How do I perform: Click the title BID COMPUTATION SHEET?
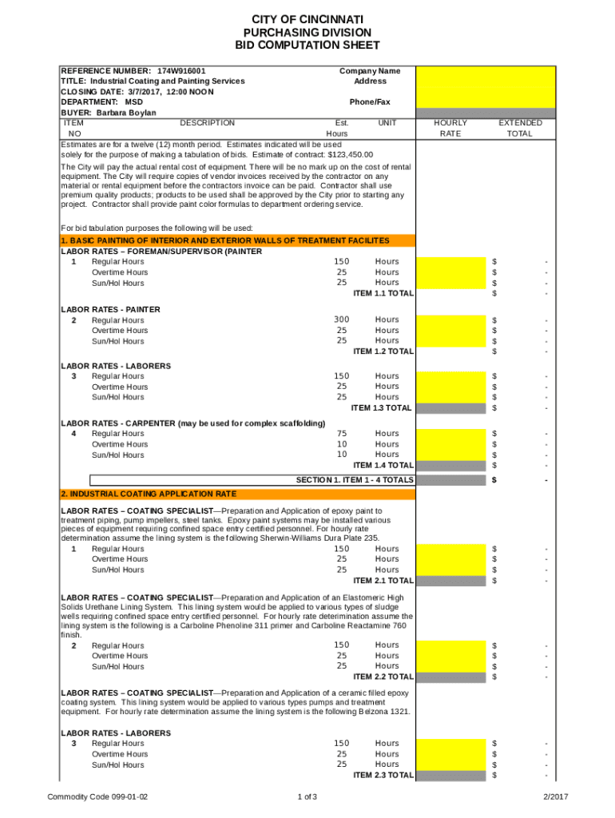[x=307, y=46]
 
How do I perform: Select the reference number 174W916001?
[x=181, y=71]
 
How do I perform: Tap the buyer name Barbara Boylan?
[x=126, y=113]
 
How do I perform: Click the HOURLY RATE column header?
[x=450, y=129]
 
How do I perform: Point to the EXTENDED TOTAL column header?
[x=520, y=129]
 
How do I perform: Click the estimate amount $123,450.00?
[x=351, y=155]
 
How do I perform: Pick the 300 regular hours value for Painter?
[x=342, y=320]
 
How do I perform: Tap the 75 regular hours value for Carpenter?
[x=342, y=434]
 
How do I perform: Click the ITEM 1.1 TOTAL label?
[x=383, y=293]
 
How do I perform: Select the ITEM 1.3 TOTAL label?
[x=383, y=407]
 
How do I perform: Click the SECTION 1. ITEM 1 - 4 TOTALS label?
[x=355, y=480]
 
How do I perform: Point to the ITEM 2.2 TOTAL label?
[x=383, y=677]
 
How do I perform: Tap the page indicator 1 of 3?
[x=307, y=797]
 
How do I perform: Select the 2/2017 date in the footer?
[x=556, y=797]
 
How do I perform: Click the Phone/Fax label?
[x=370, y=102]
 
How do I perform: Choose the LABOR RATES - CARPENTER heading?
[x=193, y=423]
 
